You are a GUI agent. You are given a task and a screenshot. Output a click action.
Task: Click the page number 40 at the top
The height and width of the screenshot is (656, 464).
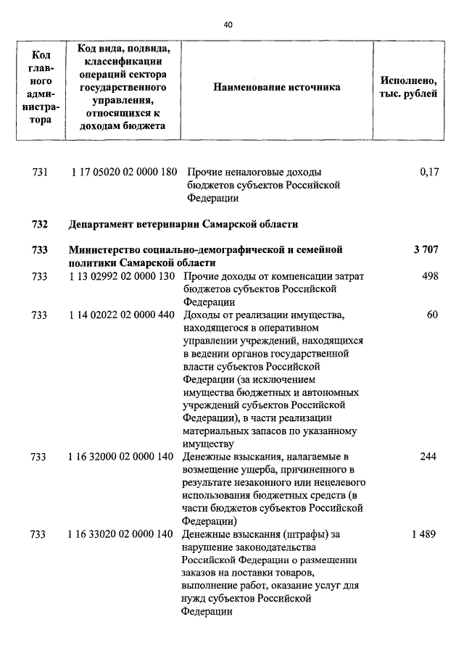click(228, 25)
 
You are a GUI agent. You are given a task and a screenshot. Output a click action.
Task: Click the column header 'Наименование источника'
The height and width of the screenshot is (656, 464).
click(276, 88)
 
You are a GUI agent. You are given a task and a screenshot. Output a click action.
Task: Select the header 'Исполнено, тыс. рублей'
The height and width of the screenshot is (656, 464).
click(408, 88)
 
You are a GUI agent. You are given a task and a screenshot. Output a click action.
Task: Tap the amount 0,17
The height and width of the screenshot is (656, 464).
click(428, 173)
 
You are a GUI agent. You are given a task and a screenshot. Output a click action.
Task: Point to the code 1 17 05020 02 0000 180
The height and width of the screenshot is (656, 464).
click(124, 173)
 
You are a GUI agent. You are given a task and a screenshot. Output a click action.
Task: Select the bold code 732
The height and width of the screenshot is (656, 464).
click(40, 223)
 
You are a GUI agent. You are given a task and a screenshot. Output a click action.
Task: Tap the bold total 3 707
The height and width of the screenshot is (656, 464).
click(426, 250)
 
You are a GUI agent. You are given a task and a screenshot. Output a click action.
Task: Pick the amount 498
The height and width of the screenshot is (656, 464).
click(430, 277)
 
